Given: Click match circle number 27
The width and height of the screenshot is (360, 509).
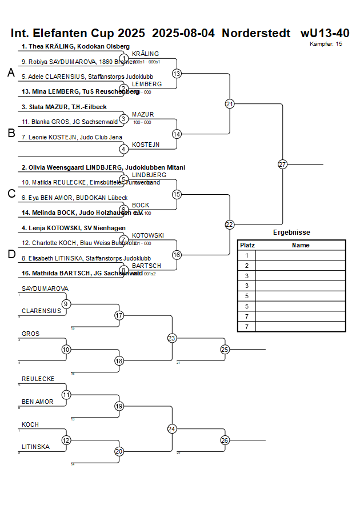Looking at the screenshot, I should click(282, 165).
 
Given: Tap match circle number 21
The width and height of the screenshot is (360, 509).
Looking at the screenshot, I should click(230, 104).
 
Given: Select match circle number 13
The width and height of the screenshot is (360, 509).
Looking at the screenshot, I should click(177, 74).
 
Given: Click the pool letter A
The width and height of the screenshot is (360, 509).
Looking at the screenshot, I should click(11, 73).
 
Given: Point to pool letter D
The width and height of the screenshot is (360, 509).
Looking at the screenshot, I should click(11, 255).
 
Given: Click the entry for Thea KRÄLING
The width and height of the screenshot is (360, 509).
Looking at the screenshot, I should click(75, 46).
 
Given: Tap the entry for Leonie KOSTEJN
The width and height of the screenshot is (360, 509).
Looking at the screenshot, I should click(64, 137).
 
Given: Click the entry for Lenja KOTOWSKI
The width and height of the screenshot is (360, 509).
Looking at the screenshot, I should click(73, 228).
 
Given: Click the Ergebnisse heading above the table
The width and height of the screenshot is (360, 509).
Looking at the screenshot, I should click(291, 233).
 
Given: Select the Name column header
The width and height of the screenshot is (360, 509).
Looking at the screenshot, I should click(301, 245).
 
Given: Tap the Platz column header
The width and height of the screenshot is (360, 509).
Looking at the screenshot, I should click(247, 245).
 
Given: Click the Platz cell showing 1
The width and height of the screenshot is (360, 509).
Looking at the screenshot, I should click(247, 255).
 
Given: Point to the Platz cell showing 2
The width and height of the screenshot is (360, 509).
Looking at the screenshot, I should click(247, 266).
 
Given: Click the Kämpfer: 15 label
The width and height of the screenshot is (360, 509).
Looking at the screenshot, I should click(326, 43).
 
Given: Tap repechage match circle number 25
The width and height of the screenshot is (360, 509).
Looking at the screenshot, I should click(225, 349).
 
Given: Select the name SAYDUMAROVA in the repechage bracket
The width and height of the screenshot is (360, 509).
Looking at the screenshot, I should click(45, 288).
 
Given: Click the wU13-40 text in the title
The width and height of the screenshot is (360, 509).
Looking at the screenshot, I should click(325, 33).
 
